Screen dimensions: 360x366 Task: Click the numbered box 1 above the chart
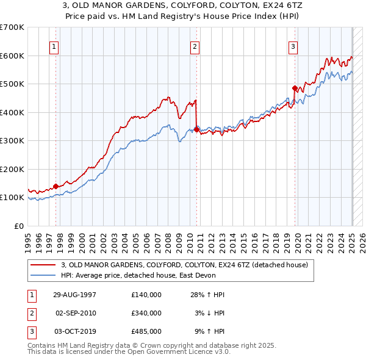[54, 46]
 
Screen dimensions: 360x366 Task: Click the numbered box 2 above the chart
[195, 46]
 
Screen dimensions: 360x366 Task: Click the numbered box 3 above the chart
[293, 46]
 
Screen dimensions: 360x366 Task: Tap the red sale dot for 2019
[295, 88]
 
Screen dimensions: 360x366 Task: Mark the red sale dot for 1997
[56, 186]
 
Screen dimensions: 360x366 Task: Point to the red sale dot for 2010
[196, 129]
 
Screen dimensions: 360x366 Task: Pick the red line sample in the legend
[44, 265]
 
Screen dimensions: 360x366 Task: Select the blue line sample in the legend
[44, 275]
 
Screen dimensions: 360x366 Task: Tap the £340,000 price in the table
[146, 313]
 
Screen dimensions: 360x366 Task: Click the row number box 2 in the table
[30, 313]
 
